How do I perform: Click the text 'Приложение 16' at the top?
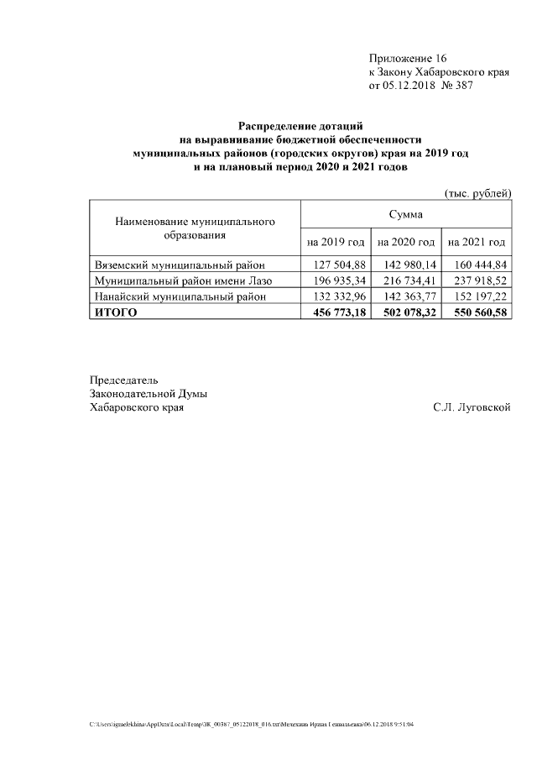pos(408,59)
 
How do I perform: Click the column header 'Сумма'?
pos(406,216)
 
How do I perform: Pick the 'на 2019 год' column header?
pos(336,243)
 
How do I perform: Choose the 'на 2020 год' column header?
pos(406,243)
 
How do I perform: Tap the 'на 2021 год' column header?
pos(477,243)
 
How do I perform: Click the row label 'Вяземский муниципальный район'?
pos(180,265)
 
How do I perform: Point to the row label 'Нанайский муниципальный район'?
pos(180,296)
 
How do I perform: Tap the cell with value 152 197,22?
pos(478,296)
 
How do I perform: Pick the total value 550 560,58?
pos(477,312)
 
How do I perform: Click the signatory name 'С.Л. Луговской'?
pos(472,408)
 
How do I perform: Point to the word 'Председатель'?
pos(123,380)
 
